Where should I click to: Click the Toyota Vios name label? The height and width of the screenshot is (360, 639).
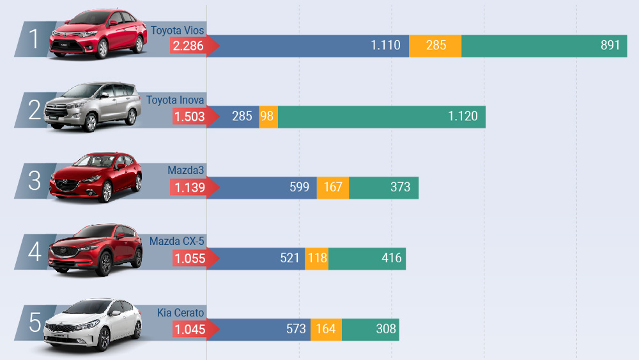click(177, 30)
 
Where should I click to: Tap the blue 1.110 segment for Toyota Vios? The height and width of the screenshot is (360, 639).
click(308, 45)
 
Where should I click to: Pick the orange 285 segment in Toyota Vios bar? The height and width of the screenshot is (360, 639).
click(435, 45)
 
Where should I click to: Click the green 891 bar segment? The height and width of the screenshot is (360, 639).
click(544, 45)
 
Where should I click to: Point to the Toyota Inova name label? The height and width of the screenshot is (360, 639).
click(175, 100)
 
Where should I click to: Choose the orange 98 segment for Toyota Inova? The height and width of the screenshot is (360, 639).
click(268, 116)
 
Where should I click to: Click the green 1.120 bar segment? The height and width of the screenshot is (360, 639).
click(382, 116)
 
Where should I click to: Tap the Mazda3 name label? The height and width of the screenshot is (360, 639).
click(185, 170)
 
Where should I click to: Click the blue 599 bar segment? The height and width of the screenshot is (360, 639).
click(261, 187)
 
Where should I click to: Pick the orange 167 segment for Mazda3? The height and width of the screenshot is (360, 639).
click(333, 187)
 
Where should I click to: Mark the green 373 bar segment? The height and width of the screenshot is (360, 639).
click(384, 187)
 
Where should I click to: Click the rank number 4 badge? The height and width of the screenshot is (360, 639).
click(35, 251)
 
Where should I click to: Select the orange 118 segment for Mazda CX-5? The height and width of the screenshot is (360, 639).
click(317, 258)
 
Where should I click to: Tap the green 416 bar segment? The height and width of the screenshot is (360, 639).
click(367, 258)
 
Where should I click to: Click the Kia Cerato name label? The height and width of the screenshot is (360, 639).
click(181, 313)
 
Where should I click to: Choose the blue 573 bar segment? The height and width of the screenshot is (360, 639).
click(259, 329)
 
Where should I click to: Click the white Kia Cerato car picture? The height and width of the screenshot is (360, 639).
click(93, 325)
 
